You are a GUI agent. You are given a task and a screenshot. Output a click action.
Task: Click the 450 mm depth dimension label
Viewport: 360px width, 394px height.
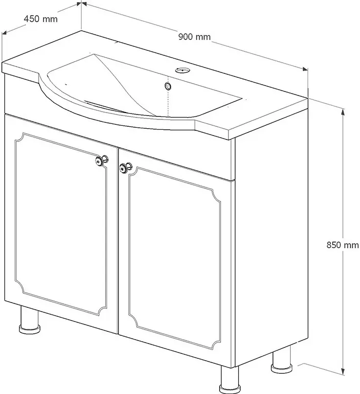pyautogui.click(x=41, y=19)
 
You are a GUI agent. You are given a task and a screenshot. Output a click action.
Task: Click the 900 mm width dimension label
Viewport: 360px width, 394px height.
pyautogui.click(x=195, y=37)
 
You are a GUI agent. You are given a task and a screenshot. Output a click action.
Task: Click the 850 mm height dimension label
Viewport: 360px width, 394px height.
pyautogui.click(x=342, y=245)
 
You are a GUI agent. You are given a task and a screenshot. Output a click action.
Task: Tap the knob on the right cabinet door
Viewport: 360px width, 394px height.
pyautogui.click(x=125, y=168)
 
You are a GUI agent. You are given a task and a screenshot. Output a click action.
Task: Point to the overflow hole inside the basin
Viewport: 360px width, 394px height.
pyautogui.click(x=168, y=86)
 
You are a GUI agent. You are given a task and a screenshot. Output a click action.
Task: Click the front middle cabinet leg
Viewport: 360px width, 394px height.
pyautogui.click(x=228, y=380)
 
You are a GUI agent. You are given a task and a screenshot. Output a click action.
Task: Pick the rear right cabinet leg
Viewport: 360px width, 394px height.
pyautogui.click(x=281, y=361)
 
